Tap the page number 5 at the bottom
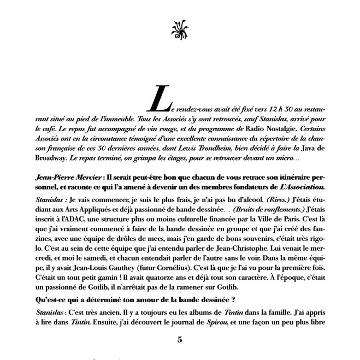(x=180, y=339)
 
